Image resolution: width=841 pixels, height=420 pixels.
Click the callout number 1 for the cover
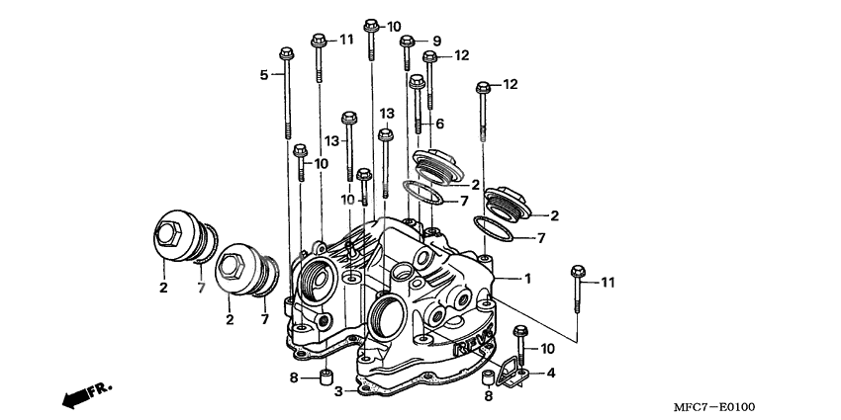tap(528, 279)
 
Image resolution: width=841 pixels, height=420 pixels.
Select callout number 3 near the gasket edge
tap(338, 391)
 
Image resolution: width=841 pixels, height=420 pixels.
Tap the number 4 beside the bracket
tap(551, 373)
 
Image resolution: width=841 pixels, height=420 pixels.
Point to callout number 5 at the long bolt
tap(264, 74)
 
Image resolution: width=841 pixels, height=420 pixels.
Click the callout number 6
tap(439, 124)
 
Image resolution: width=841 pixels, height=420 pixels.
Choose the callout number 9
tap(436, 41)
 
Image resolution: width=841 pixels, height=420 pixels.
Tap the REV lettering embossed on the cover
tap(472, 345)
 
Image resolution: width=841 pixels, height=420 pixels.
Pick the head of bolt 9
tap(407, 41)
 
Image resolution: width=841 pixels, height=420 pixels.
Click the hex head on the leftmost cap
tap(167, 236)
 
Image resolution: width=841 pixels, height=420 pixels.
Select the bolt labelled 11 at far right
tap(577, 274)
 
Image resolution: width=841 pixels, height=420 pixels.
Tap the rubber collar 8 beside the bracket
tap(487, 379)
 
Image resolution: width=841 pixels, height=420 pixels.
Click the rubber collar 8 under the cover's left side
tap(324, 377)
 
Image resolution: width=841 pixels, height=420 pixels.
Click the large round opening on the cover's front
tap(384, 317)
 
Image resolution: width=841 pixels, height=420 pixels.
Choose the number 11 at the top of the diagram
tap(345, 40)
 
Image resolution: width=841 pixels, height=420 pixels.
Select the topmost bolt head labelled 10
tap(372, 24)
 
